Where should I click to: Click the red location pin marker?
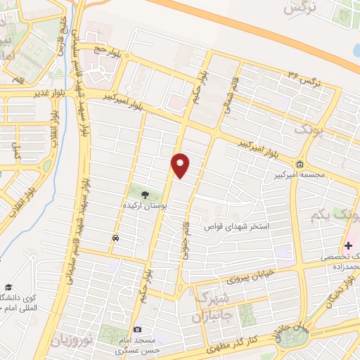(x=181, y=165)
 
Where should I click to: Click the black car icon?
(x=115, y=238)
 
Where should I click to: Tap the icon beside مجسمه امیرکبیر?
(x=300, y=165)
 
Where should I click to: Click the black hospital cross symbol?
(x=349, y=246)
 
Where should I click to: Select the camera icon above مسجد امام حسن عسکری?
(x=138, y=329)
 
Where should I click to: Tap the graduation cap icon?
(x=9, y=287)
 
